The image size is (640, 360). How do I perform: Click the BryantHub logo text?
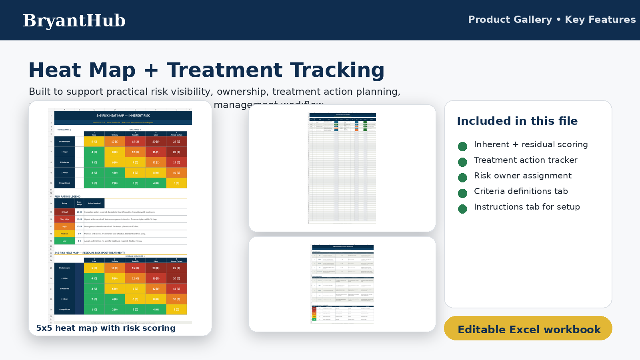coord(74,20)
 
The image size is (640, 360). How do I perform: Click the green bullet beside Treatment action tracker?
coord(462,162)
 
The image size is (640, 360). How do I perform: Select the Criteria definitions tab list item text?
coord(520,191)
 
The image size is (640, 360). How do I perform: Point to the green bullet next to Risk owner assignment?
coord(462,178)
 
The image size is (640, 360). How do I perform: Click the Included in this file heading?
coord(517,121)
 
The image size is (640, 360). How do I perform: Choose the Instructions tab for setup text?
coord(526,207)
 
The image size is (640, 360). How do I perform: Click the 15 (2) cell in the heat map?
coord(136,142)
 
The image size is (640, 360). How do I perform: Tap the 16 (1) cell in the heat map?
coord(156,152)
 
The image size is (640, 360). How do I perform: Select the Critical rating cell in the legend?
coord(64,212)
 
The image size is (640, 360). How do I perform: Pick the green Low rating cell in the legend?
coord(64,241)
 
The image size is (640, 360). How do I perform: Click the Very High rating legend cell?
coord(64,219)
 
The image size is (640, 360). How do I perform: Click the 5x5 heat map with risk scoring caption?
coord(106,328)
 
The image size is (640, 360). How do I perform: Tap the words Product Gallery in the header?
coord(510,20)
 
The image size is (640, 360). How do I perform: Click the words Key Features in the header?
coord(600,20)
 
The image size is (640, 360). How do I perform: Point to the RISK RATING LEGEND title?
coord(67,196)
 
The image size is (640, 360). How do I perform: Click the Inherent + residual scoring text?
coord(530,144)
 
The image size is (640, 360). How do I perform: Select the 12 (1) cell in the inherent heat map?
coord(156,162)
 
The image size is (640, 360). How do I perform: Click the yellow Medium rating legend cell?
coord(64,234)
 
